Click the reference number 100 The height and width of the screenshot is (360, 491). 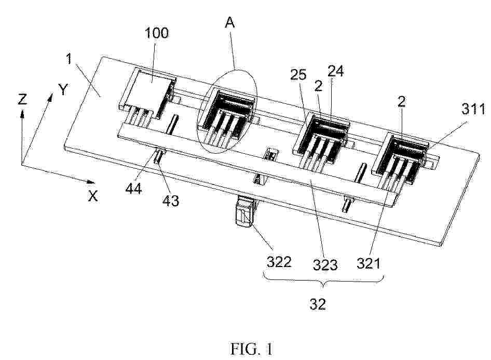[x=157, y=33]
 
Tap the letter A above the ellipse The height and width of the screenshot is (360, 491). [x=230, y=23]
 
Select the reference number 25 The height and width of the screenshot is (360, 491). [x=298, y=75]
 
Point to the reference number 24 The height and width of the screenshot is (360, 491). [x=335, y=71]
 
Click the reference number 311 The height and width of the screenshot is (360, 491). [x=473, y=109]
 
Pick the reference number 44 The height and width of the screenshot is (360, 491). [x=134, y=189]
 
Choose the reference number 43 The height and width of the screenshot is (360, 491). [x=171, y=201]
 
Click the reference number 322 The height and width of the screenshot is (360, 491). [x=279, y=262]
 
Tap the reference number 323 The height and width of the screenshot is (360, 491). [x=325, y=265]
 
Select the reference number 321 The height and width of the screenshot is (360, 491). [x=369, y=263]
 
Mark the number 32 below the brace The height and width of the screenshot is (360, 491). [x=318, y=304]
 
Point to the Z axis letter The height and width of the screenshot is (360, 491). [x=22, y=100]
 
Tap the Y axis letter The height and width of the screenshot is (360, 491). [x=63, y=90]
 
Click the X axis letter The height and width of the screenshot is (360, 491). [x=93, y=196]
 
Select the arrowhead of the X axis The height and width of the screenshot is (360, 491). [x=91, y=182]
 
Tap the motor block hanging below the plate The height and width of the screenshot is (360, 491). [x=245, y=211]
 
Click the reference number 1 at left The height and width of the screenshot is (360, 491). [x=70, y=59]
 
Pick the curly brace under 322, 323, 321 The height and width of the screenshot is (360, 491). [x=324, y=281]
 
